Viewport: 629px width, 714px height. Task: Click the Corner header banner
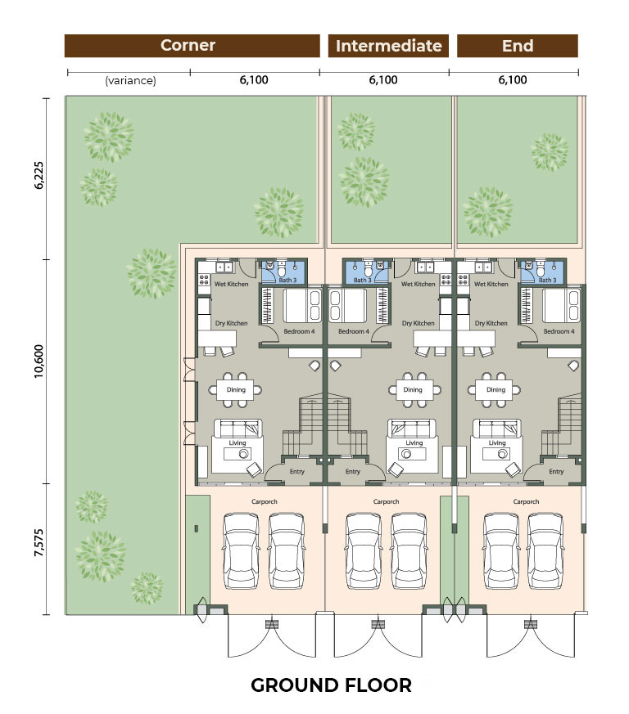tap(192, 46)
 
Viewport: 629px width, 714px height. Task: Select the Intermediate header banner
tap(388, 46)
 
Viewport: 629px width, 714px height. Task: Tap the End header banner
tap(518, 46)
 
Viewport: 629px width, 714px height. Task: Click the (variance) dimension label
tap(130, 81)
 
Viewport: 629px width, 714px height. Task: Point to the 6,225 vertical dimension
tap(39, 175)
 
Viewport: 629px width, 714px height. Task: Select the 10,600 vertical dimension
tap(39, 361)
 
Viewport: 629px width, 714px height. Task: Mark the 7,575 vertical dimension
tap(39, 543)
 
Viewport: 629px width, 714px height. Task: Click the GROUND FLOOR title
tap(331, 685)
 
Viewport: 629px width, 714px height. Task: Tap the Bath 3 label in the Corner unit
tap(287, 280)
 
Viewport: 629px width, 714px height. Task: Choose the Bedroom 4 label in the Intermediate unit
tap(354, 331)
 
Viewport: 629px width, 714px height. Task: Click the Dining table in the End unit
tap(495, 390)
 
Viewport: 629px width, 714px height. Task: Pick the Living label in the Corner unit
tap(238, 442)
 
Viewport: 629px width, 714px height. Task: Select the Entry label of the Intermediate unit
tap(353, 471)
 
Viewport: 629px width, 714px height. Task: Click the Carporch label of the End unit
tap(526, 501)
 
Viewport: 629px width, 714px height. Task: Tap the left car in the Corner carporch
tap(241, 551)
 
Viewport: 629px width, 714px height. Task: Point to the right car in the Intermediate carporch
tap(409, 551)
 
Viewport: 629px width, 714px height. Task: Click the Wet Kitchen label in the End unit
tap(491, 284)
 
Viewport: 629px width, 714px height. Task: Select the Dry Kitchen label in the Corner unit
tap(231, 323)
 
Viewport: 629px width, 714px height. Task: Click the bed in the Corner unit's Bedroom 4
tap(302, 305)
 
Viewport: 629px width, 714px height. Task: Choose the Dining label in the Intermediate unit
tap(413, 390)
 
